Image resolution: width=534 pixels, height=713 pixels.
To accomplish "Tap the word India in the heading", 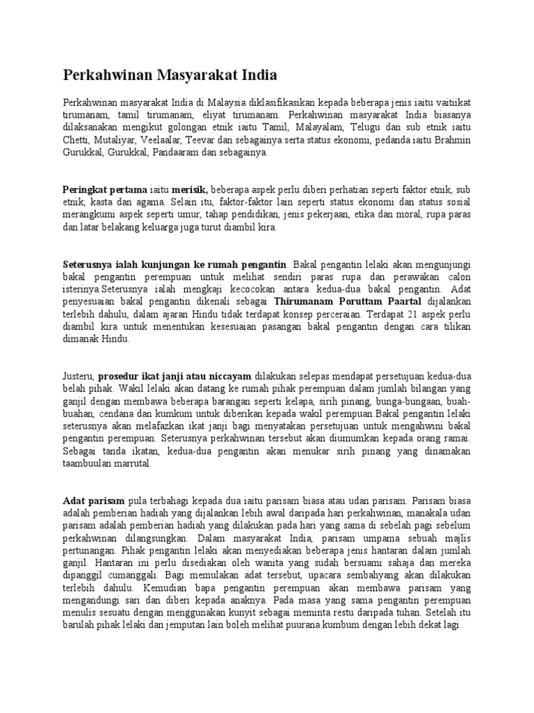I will tap(258, 75).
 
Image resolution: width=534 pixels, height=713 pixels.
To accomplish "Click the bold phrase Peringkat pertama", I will tap(105, 189).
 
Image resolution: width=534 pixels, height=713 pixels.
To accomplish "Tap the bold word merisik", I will tap(190, 189).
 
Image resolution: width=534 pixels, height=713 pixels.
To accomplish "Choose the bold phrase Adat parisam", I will tap(94, 501).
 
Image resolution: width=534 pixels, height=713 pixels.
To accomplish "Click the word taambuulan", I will tap(90, 464).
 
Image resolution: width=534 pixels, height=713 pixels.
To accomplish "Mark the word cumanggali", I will tap(131, 575).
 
